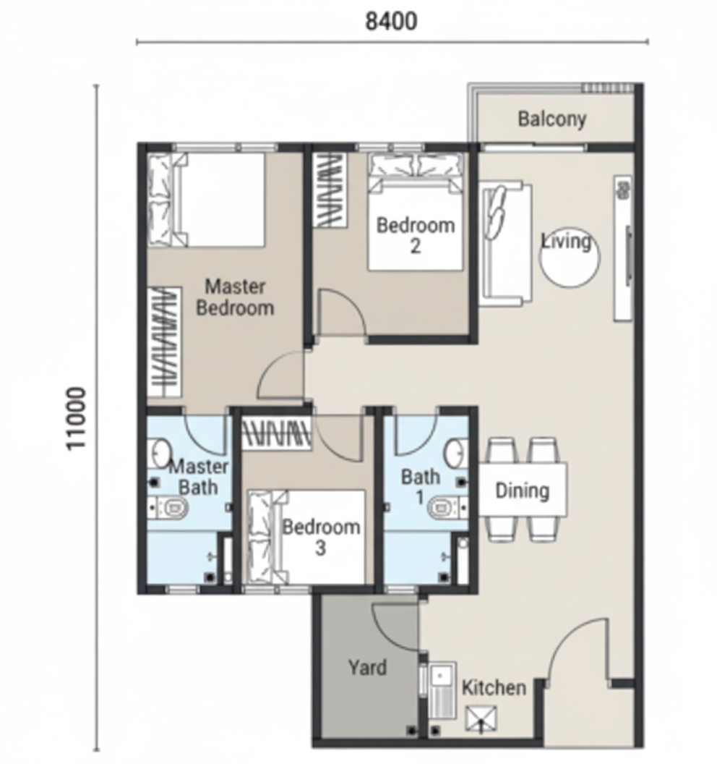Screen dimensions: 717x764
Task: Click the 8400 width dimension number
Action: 391,21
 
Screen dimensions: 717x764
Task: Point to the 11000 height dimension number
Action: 76,419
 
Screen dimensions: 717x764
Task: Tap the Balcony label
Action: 551,119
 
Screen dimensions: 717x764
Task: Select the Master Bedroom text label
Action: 235,297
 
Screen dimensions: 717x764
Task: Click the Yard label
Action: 367,667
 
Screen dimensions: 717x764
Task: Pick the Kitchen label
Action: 494,687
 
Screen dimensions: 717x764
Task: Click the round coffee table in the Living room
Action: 570,258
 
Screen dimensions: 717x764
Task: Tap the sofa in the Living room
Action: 505,244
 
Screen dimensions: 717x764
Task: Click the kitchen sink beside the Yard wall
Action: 442,690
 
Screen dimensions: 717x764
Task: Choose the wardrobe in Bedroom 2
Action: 330,190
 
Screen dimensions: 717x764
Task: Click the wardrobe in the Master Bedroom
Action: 165,342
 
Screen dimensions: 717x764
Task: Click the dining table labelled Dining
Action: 523,490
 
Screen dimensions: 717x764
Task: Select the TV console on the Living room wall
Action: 622,248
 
